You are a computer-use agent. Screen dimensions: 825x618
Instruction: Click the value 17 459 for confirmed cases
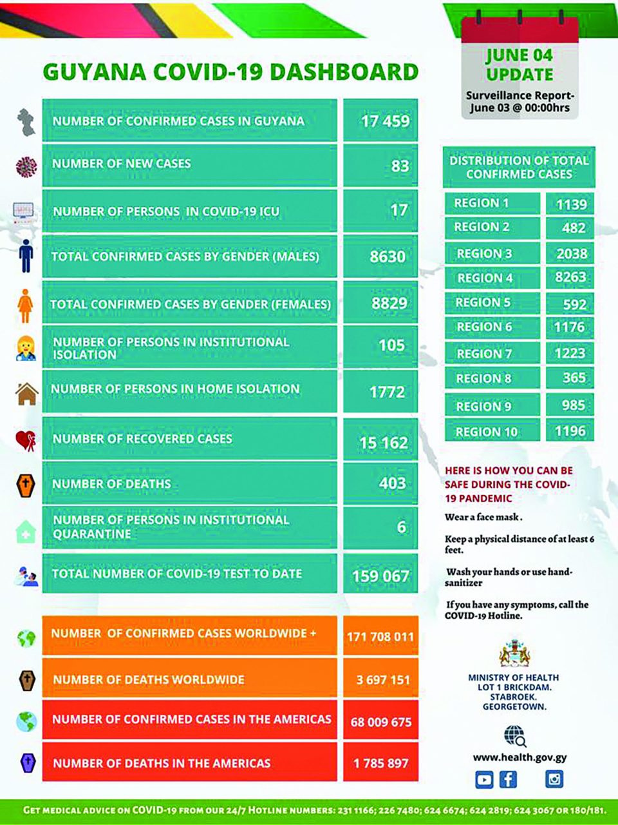[384, 121]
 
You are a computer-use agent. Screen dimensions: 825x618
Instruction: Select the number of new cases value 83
[399, 166]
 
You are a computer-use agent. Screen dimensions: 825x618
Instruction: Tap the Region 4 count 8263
[570, 277]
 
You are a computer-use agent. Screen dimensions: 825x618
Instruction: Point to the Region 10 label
[487, 432]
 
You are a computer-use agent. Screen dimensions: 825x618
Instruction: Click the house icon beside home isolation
[26, 393]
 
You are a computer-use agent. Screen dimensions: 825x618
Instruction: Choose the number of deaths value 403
[392, 483]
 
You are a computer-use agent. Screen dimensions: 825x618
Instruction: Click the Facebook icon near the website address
[509, 779]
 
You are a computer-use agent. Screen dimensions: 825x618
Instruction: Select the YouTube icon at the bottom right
[484, 780]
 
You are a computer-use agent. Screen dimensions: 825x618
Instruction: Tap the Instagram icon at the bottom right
[554, 779]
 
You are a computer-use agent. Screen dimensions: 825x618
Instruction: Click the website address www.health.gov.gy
[520, 757]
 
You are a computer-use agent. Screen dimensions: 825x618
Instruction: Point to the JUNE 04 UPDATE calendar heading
[520, 64]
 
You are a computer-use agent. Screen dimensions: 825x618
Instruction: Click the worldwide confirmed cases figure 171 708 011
[380, 637]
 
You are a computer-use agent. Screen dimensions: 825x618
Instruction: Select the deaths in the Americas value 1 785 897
[380, 763]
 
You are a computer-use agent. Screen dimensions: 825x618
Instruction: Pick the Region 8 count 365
[574, 378]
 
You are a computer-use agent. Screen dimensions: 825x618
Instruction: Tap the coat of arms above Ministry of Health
[514, 654]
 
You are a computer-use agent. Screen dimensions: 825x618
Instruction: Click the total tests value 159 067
[380, 576]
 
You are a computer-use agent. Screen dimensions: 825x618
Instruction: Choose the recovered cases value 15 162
[384, 443]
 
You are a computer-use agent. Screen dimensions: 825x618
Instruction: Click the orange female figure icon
[25, 306]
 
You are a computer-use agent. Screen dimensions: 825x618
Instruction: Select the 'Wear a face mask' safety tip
[483, 517]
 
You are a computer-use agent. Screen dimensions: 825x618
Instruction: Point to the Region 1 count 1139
[571, 204]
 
